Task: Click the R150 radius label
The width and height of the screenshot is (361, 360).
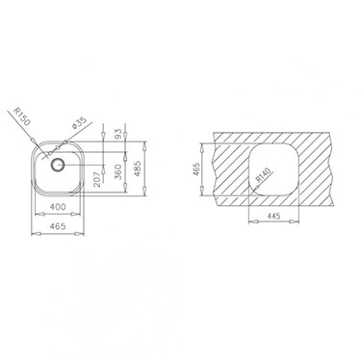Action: (22, 116)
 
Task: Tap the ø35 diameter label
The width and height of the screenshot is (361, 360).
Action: (79, 122)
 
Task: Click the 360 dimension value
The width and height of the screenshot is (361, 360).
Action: (118, 171)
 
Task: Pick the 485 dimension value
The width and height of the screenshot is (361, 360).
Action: (137, 168)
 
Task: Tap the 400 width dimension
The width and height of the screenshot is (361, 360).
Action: (58, 207)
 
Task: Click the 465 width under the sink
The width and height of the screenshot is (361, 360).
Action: (58, 226)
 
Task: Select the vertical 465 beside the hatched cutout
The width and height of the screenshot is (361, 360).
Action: (195, 169)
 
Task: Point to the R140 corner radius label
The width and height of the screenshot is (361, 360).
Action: (264, 175)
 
